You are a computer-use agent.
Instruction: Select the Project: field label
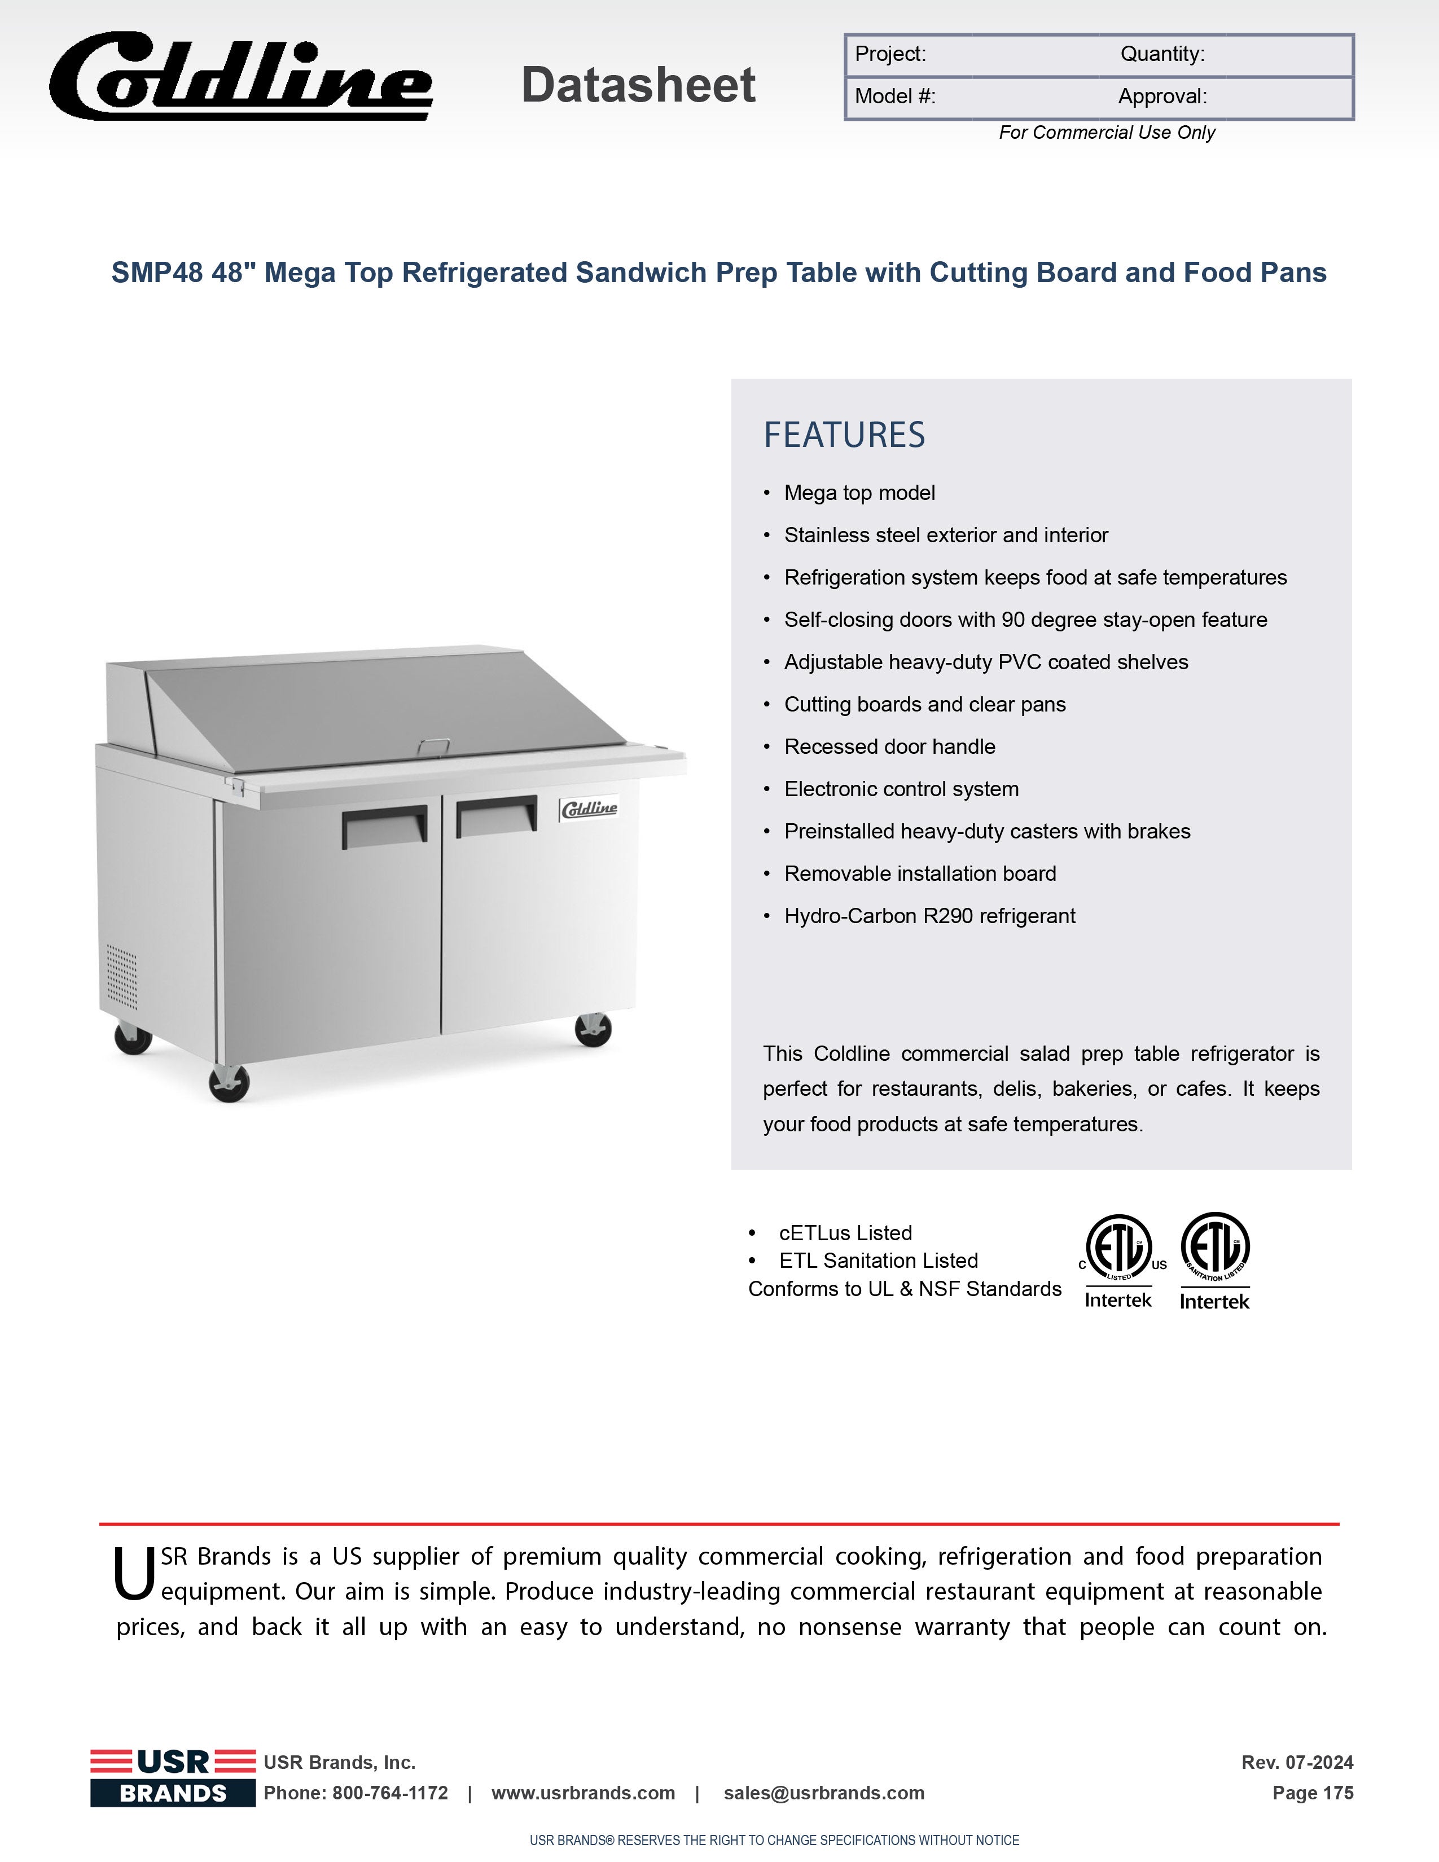pyautogui.click(x=890, y=55)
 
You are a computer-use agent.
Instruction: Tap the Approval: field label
pyautogui.click(x=1162, y=96)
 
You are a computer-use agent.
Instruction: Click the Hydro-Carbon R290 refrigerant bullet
pyautogui.click(x=929, y=916)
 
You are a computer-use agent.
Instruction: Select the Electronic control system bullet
pyautogui.click(x=901, y=789)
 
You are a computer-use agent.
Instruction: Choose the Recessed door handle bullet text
pyautogui.click(x=889, y=747)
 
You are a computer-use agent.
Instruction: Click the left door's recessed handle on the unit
pyautogui.click(x=384, y=825)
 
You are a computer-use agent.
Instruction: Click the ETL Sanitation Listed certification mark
pyautogui.click(x=1215, y=1260)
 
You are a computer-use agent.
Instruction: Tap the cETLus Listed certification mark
pyautogui.click(x=1118, y=1260)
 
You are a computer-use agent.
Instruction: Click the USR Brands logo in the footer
pyautogui.click(x=173, y=1777)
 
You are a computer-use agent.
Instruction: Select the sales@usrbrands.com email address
pyautogui.click(x=823, y=1793)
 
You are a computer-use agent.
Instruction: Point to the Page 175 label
pyautogui.click(x=1312, y=1793)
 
